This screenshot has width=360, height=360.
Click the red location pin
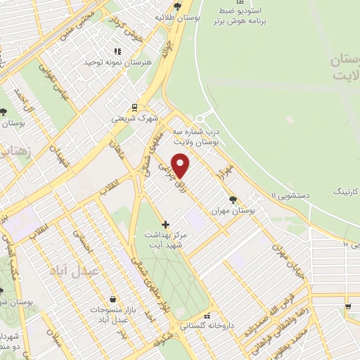[181, 165]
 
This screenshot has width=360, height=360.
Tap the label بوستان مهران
[233, 210]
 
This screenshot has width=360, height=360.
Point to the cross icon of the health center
[166, 224]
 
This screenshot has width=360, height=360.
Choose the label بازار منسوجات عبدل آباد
[108, 314]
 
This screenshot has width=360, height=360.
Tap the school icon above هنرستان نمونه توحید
[117, 51]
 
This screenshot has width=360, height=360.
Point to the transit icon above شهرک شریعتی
[134, 108]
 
